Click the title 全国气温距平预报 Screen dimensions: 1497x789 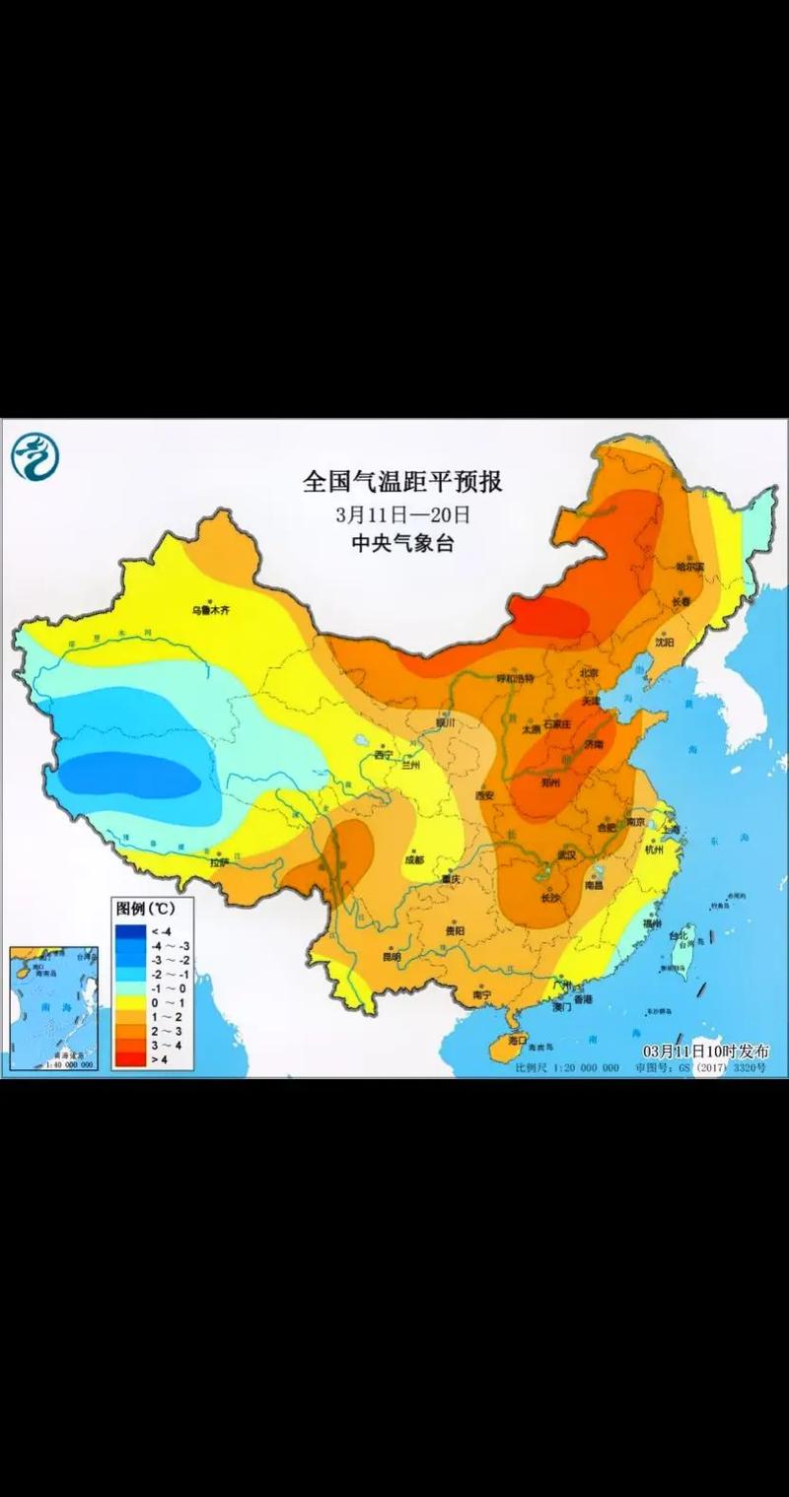point(402,482)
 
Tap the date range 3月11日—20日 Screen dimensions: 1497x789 point(402,514)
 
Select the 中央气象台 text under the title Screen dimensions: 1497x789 point(402,543)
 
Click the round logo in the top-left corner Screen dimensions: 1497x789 point(36,456)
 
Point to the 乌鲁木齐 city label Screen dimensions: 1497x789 point(210,611)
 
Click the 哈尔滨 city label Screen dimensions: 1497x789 point(689,567)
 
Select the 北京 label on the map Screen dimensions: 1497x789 point(589,672)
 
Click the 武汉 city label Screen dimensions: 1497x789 point(566,855)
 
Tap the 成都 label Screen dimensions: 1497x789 point(414,859)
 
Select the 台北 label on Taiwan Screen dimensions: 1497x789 point(679,935)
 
